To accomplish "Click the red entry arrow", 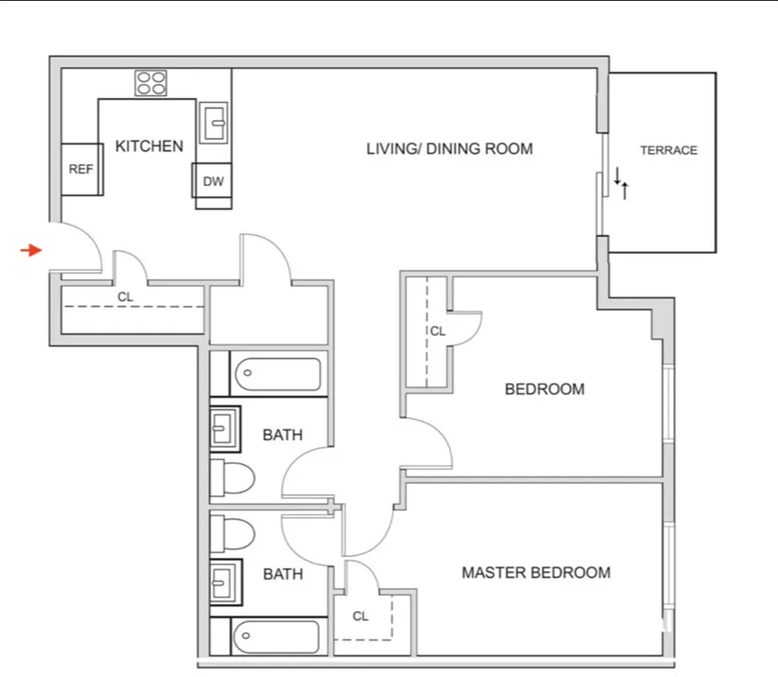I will click(x=31, y=250).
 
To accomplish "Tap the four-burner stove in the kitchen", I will click(x=152, y=83).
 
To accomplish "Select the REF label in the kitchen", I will click(x=80, y=169).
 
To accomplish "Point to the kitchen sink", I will click(x=214, y=124).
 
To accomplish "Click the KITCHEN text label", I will click(x=149, y=146).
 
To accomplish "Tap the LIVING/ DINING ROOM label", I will click(x=450, y=149).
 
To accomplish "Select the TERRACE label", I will click(x=668, y=151).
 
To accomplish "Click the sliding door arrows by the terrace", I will click(x=621, y=182).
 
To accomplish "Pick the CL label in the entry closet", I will click(x=124, y=297).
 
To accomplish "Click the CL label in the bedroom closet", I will click(x=437, y=332).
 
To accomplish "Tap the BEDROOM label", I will click(x=544, y=389).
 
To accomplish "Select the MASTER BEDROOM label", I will click(x=535, y=573).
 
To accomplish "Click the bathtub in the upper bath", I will click(x=276, y=372).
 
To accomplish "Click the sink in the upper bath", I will click(x=225, y=429).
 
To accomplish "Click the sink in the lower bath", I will click(x=225, y=582).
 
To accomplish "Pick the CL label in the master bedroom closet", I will click(x=361, y=616).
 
